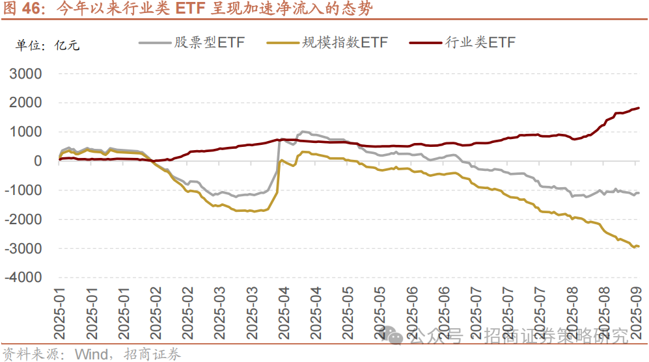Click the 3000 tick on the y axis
pyautogui.click(x=25, y=73)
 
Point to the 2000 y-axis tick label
pyautogui.click(x=25, y=103)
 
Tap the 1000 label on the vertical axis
pyautogui.click(x=25, y=132)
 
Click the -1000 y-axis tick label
pyautogui.click(x=22, y=190)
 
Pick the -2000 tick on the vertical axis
pyautogui.click(x=22, y=220)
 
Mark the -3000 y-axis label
pyautogui.click(x=22, y=249)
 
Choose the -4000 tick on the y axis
pyautogui.click(x=22, y=278)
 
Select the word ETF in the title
pyautogui.click(x=191, y=9)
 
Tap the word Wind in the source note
pyautogui.click(x=90, y=354)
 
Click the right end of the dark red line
pyautogui.click(x=639, y=108)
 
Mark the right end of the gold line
pyautogui.click(x=639, y=246)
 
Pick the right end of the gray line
pyautogui.click(x=639, y=193)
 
